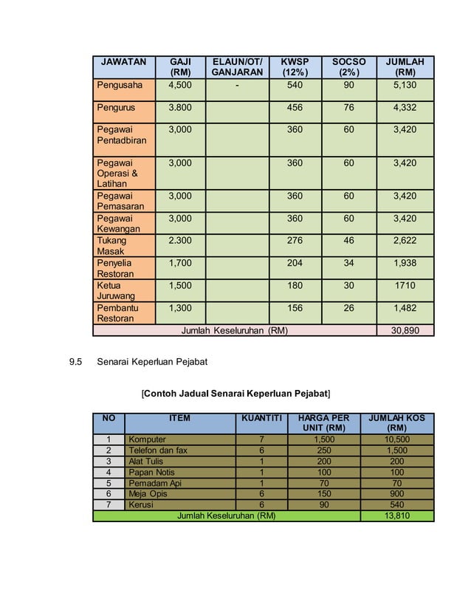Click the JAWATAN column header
point(123,62)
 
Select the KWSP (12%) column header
point(295,67)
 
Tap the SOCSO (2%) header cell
point(348,67)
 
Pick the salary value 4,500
point(180,85)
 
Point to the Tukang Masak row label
point(111,246)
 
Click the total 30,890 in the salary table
point(405,330)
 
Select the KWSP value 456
point(295,108)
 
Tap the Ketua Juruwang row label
point(113,290)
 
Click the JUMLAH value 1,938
point(405,263)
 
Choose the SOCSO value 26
point(348,307)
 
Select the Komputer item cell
point(147,439)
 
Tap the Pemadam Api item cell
point(154,483)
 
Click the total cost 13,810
point(397,515)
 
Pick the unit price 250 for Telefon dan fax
point(323,450)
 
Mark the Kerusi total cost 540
point(397,504)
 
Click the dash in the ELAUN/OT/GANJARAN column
point(237,85)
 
